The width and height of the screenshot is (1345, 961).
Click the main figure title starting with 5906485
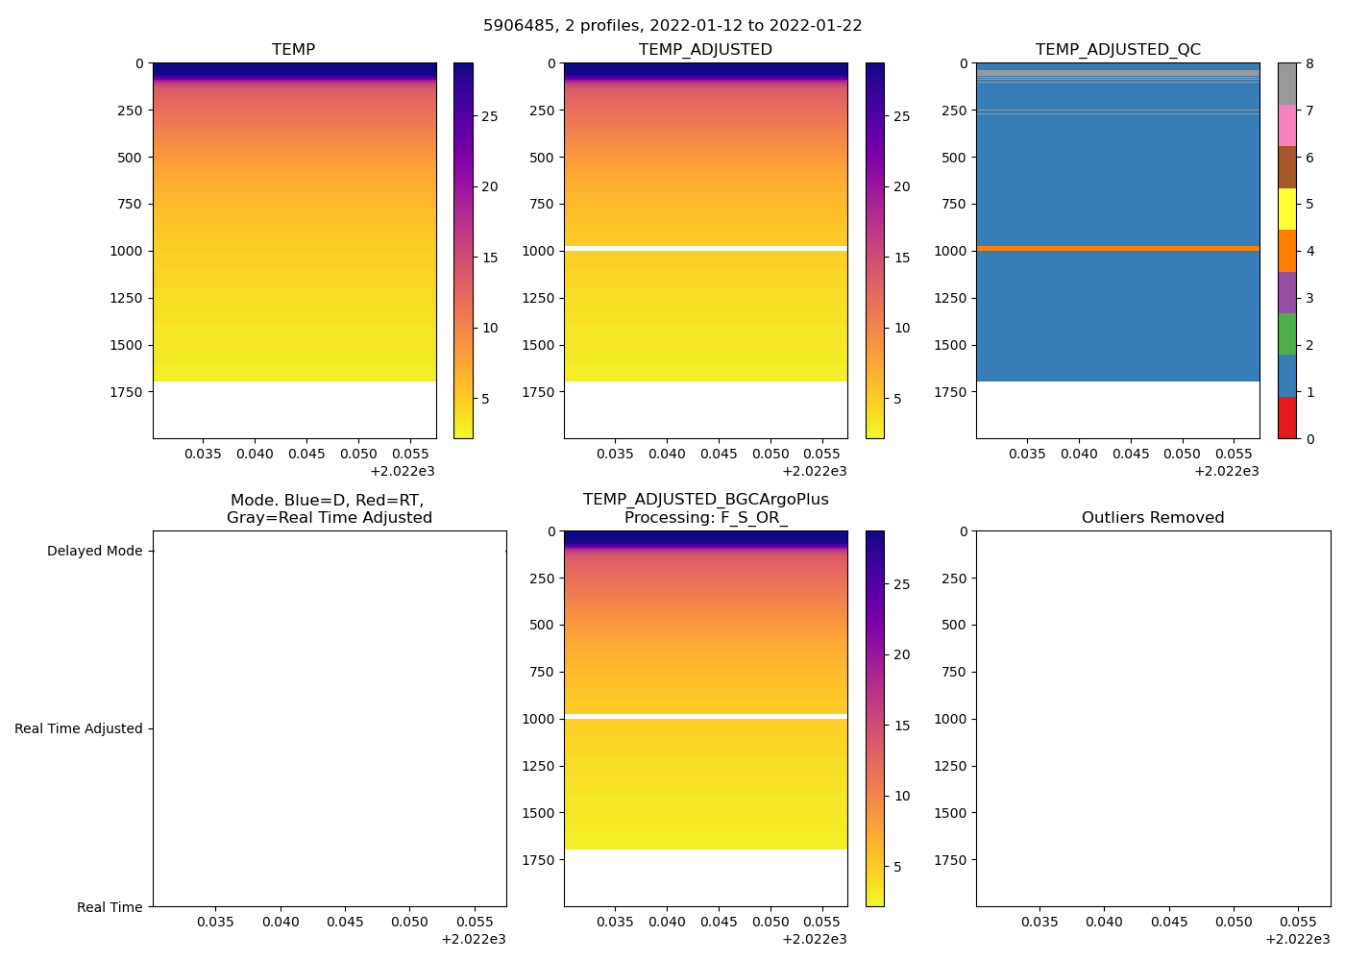[672, 26]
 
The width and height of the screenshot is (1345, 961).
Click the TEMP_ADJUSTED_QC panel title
[1117, 50]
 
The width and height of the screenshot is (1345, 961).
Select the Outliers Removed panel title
[1153, 518]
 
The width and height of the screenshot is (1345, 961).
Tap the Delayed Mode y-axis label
[94, 552]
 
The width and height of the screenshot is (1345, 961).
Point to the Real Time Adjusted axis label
[79, 729]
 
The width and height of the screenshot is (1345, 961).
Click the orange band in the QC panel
[1117, 248]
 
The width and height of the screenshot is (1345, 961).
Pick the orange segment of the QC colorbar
[1286, 251]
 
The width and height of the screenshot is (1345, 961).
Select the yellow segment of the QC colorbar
[1286, 209]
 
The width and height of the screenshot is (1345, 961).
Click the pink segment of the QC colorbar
[1286, 126]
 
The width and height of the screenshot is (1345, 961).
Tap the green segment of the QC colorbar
[1286, 334]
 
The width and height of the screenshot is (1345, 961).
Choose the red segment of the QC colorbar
[1286, 418]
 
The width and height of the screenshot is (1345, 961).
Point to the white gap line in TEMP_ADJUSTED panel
[705, 248]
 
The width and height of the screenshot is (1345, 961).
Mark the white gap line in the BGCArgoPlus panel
[705, 716]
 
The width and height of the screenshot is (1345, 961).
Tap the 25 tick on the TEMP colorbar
[489, 116]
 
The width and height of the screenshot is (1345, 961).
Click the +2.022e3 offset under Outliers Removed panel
[1297, 939]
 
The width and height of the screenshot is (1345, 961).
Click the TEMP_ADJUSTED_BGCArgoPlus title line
[705, 500]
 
